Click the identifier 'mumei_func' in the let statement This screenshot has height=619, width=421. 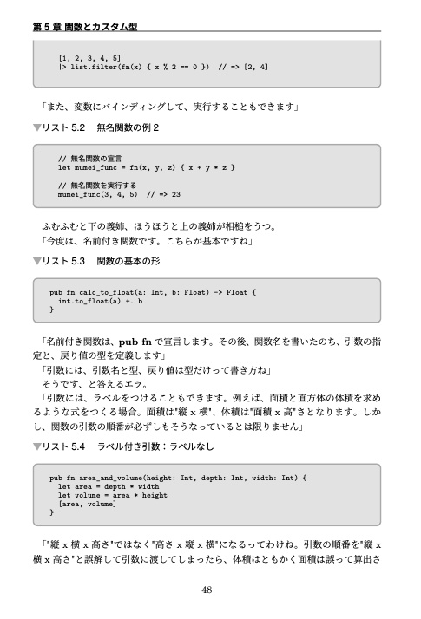point(94,166)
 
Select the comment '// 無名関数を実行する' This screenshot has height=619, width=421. point(96,186)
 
